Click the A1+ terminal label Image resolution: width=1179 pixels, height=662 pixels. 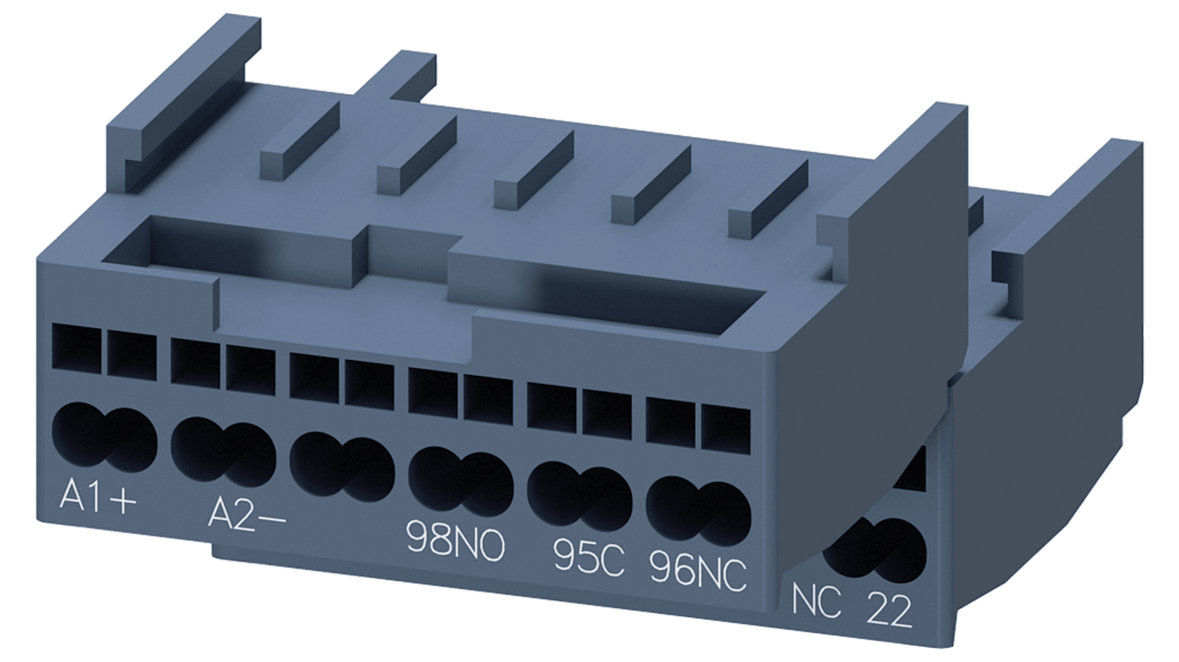pos(97,499)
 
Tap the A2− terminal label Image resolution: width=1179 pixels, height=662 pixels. pos(245,515)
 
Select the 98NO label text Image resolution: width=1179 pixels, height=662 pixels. pos(454,543)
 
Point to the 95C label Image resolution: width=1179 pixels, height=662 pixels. pos(588,559)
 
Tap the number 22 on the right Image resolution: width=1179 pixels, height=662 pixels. pos(889,611)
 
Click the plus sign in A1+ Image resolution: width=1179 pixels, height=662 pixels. pos(122,501)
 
